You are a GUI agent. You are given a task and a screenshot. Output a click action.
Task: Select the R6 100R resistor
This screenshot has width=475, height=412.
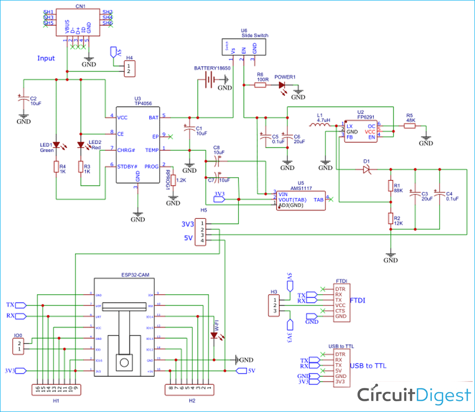[261, 85]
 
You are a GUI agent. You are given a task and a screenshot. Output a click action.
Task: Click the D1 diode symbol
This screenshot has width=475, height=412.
[367, 169]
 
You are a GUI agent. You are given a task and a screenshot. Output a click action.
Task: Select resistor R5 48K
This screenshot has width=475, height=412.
[410, 126]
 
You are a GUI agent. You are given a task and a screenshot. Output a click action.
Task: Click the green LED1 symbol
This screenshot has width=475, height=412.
[56, 145]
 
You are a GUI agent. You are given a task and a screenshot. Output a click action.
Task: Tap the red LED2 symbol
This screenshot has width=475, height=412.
[81, 145]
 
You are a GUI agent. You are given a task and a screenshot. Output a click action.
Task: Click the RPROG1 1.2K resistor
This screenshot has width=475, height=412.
[173, 180]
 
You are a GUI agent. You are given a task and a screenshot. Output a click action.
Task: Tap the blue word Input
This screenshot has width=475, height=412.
[46, 58]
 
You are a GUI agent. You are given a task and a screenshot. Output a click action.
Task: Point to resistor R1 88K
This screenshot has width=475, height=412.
[390, 186]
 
